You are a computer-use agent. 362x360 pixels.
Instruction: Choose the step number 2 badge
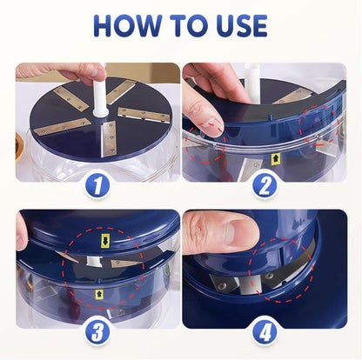266,183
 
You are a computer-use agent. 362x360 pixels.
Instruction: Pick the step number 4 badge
265,331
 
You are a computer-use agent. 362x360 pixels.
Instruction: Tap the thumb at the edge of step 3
21,231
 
